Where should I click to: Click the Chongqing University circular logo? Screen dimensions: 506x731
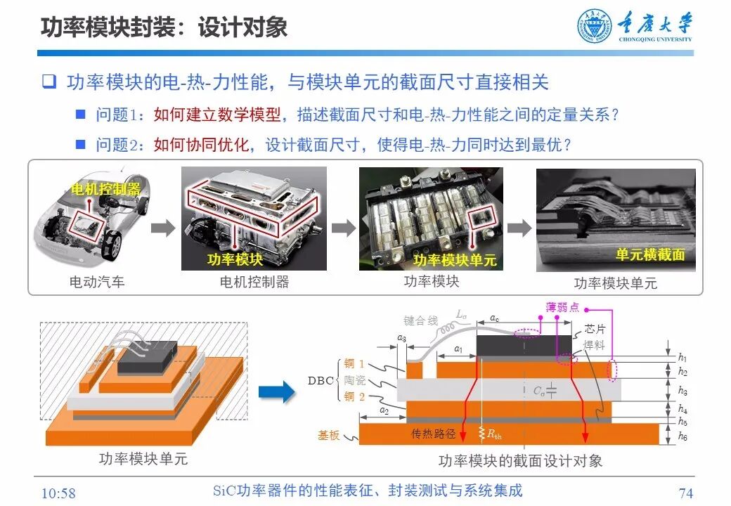[595, 26]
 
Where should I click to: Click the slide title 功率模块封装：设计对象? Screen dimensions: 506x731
[164, 27]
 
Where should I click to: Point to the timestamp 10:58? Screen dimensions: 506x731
[59, 493]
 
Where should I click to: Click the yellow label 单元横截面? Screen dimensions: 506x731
[650, 255]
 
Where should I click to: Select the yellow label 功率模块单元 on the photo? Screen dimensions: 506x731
[454, 260]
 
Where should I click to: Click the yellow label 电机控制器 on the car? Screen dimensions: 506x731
[106, 190]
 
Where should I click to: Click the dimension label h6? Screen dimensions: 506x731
[683, 436]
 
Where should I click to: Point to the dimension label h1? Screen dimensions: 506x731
[683, 357]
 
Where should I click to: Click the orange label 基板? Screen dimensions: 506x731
[328, 436]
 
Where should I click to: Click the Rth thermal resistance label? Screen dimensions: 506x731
[494, 434]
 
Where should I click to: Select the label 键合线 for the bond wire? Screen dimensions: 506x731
[420, 320]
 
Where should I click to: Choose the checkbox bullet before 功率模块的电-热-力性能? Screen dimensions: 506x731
[48, 82]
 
